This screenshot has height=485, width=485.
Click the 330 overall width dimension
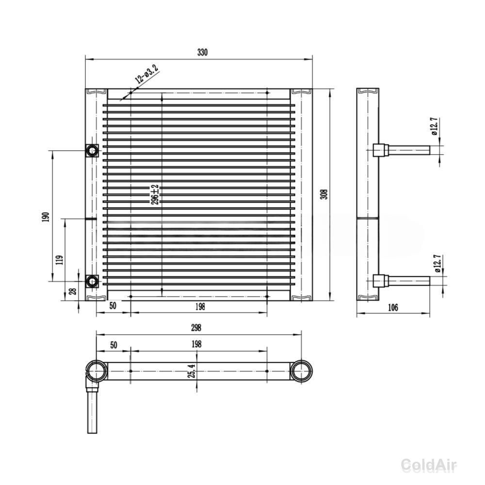pyautogui.click(x=203, y=52)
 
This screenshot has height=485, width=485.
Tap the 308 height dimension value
pyautogui.click(x=324, y=194)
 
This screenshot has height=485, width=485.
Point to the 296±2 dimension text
pyautogui.click(x=155, y=194)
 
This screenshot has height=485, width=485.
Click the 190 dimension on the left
pyautogui.click(x=46, y=217)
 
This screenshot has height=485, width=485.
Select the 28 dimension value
pyautogui.click(x=73, y=291)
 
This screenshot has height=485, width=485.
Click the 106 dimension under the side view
pyautogui.click(x=393, y=307)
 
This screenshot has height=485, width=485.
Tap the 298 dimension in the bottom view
pyautogui.click(x=196, y=327)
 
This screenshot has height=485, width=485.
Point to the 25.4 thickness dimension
pyautogui.click(x=192, y=371)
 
